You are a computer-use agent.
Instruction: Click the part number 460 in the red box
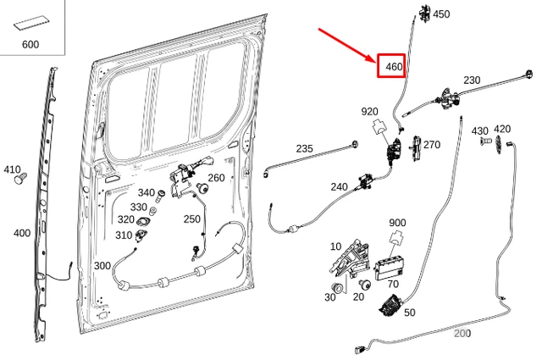point(393,65)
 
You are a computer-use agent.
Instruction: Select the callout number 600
point(30,44)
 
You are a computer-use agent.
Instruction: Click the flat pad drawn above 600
point(30,23)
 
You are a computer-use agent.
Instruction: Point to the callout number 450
point(441,14)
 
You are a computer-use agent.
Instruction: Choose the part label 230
point(472,80)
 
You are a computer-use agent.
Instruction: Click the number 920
point(370,111)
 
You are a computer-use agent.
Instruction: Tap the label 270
point(432,145)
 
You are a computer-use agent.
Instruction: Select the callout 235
point(304,148)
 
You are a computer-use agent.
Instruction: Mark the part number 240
point(339,186)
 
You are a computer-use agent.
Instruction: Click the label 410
point(12,169)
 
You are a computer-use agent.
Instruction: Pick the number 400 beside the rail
point(22,233)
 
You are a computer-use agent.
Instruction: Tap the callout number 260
point(216,178)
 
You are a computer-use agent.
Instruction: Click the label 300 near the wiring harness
point(102,265)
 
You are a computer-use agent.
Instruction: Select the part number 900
point(397,223)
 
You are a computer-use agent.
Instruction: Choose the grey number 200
point(462,333)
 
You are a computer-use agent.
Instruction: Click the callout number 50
point(410,313)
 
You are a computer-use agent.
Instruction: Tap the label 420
point(502,128)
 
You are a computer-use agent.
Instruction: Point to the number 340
point(147,193)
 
